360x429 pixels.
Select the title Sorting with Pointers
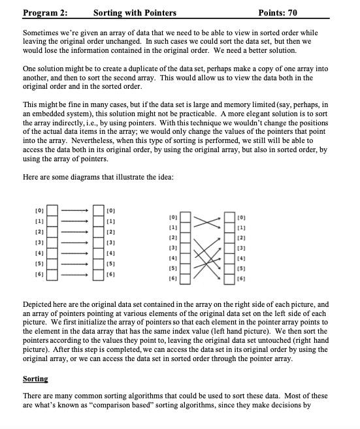(135, 12)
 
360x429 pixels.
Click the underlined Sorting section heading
(35, 379)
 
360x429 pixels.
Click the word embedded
(47, 113)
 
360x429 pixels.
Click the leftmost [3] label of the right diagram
(173, 248)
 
